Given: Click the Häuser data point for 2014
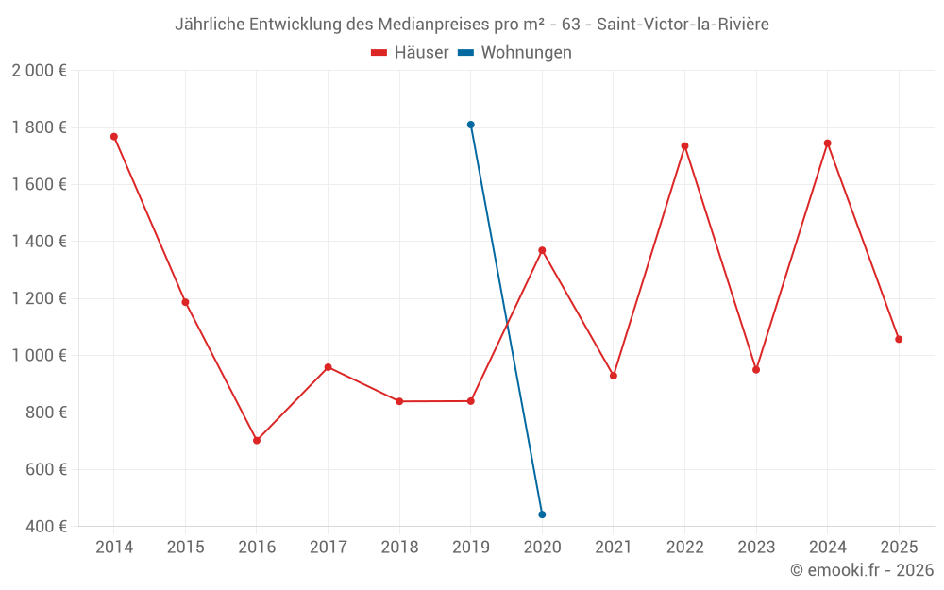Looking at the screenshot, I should point(114,137).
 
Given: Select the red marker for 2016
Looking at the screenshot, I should point(257,441).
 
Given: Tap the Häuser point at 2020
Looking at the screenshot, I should point(542,250).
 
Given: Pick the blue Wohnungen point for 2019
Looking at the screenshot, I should point(470,125).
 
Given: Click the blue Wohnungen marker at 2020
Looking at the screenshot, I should point(542,514).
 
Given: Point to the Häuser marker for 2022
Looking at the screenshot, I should point(684,146).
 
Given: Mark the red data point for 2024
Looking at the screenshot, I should point(828,143).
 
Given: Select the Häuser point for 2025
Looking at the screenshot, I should point(899,339).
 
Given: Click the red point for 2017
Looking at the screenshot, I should point(328,367).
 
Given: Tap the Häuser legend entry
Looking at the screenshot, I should point(411,53).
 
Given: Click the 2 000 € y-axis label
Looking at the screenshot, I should point(40,71).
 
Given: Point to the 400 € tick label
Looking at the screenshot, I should point(46,526).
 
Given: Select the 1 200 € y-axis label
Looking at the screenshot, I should point(40,298).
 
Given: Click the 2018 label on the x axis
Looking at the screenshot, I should point(399,548).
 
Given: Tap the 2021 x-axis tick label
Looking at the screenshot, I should point(614,548).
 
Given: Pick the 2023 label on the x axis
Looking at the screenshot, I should point(756,548).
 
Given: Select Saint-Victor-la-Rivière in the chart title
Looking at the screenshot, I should point(683,25).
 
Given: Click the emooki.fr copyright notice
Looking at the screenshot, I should point(862,570).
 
